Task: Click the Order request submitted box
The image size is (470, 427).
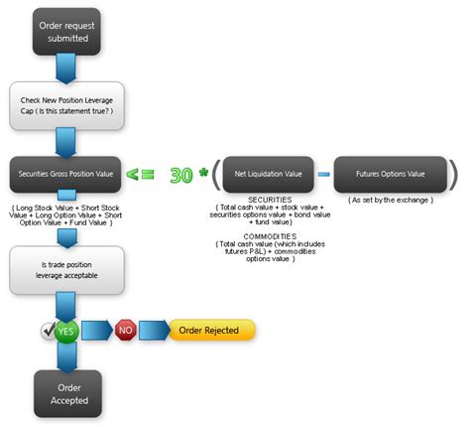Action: tap(65, 30)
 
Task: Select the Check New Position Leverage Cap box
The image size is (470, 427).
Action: tap(65, 104)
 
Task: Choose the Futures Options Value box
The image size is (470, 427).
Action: tap(390, 174)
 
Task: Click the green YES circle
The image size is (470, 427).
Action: tap(65, 330)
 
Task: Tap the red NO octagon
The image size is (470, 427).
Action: tap(125, 330)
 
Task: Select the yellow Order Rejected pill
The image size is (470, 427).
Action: tap(212, 330)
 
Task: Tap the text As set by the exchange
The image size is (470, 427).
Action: tap(390, 200)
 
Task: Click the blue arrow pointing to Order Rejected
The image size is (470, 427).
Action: tap(155, 330)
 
